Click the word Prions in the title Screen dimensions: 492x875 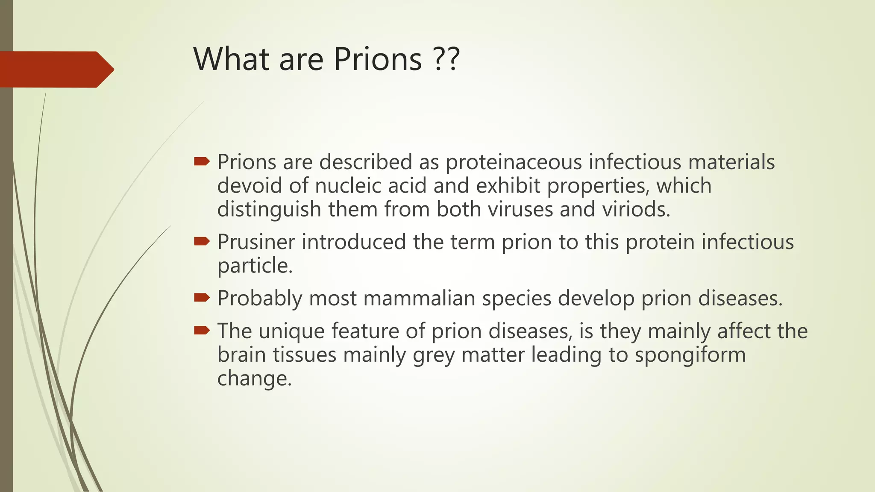[378, 59]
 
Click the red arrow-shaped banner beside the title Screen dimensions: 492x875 [56, 69]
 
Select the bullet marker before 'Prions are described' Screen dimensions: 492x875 [202, 161]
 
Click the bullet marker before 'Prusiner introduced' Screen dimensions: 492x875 [202, 241]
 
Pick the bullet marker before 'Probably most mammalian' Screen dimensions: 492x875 [202, 297]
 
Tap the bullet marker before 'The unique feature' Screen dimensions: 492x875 [202, 330]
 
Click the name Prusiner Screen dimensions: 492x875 [256, 242]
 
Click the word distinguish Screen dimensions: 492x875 [269, 210]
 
